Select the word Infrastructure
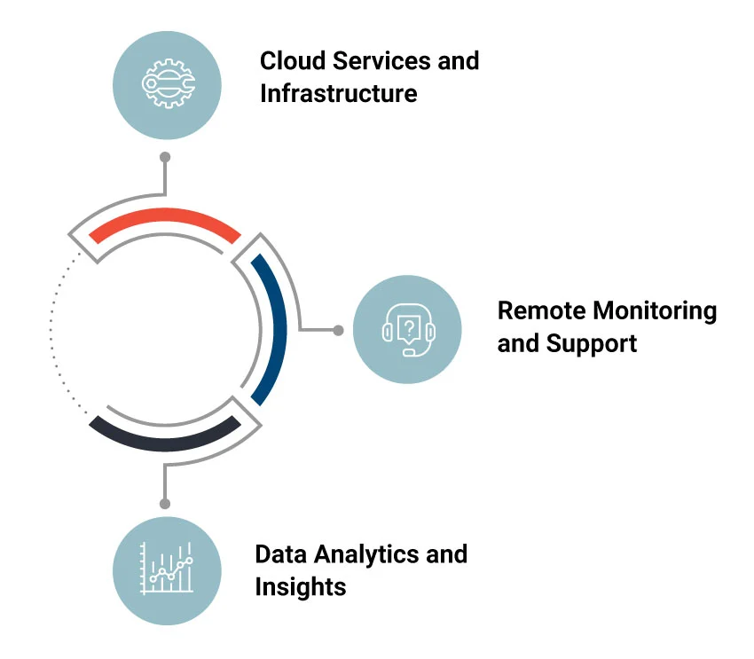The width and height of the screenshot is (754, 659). [x=338, y=93]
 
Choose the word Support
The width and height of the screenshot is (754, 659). [x=592, y=343]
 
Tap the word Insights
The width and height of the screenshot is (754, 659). [x=300, y=586]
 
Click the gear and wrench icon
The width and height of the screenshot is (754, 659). [x=167, y=85]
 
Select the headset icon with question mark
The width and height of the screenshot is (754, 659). [x=407, y=330]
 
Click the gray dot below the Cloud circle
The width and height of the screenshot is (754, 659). [x=164, y=157]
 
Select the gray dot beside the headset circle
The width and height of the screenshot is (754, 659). [x=338, y=330]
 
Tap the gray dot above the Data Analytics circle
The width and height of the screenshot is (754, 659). [x=164, y=503]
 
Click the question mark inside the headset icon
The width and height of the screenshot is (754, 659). [x=408, y=327]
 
